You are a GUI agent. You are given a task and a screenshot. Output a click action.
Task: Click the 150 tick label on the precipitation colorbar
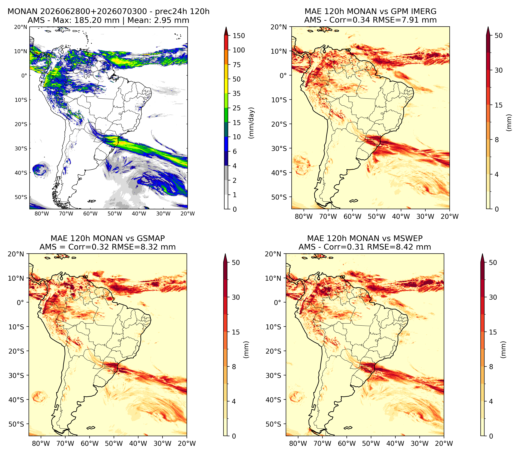point(239,36)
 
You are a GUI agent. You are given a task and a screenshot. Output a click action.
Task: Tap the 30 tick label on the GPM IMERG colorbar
point(499,70)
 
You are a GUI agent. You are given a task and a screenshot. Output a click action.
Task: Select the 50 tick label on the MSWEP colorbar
point(493,263)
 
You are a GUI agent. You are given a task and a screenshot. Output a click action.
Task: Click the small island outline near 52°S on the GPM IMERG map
point(354,201)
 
